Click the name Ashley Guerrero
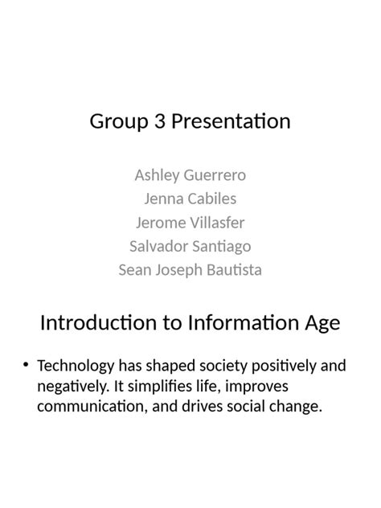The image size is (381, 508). point(190,175)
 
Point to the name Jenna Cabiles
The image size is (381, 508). point(190,199)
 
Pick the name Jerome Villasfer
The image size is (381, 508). point(190,223)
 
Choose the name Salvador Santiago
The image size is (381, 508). point(190,246)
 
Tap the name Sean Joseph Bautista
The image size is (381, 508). point(190,269)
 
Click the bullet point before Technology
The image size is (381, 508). point(27,366)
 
